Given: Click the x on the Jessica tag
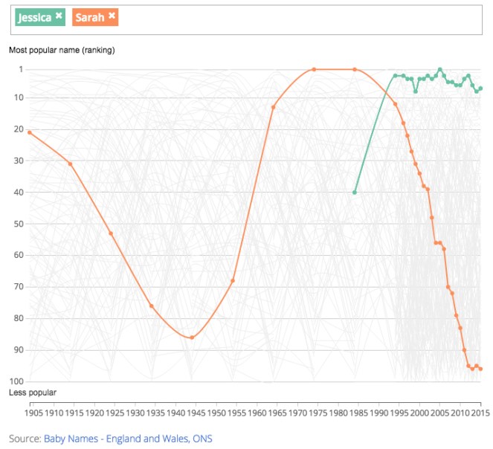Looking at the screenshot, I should (59, 16).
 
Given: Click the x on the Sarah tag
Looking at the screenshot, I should (112, 16).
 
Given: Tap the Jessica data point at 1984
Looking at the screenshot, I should (355, 193).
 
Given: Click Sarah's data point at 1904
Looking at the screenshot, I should (30, 132).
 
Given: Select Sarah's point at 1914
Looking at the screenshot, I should (71, 164).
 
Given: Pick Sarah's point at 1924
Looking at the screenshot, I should (111, 233).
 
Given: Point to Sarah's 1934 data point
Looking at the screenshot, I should (151, 306).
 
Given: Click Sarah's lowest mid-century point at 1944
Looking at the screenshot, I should (192, 337).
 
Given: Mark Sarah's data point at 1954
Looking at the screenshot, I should (233, 281).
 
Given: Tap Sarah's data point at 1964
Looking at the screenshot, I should (273, 107).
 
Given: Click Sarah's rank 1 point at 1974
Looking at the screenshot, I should (314, 70).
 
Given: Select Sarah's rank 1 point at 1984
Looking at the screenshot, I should (355, 70).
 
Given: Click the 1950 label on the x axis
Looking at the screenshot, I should (216, 412).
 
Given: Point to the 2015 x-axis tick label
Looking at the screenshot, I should (480, 412).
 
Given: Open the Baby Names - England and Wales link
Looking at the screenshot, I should (128, 439).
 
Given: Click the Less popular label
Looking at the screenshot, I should (33, 392).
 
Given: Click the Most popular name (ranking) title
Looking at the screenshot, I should (62, 51).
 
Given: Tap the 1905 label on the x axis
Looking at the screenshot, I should (33, 412).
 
